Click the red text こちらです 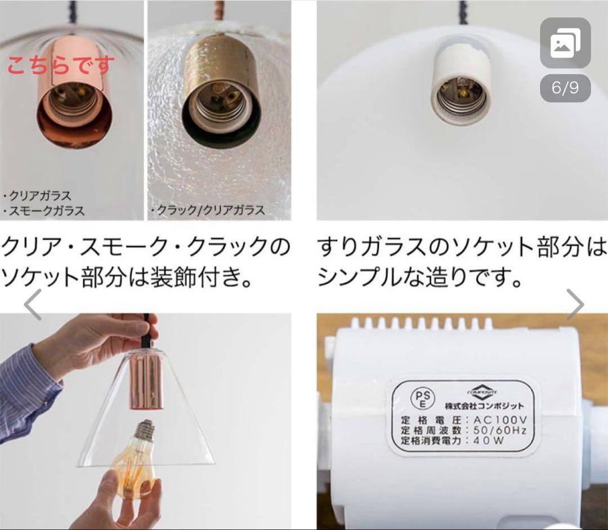(x=61, y=65)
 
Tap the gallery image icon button (x=565, y=43)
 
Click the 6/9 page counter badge (x=565, y=88)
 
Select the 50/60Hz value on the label (x=500, y=431)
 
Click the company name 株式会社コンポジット (x=484, y=406)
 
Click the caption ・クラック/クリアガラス (x=207, y=211)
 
